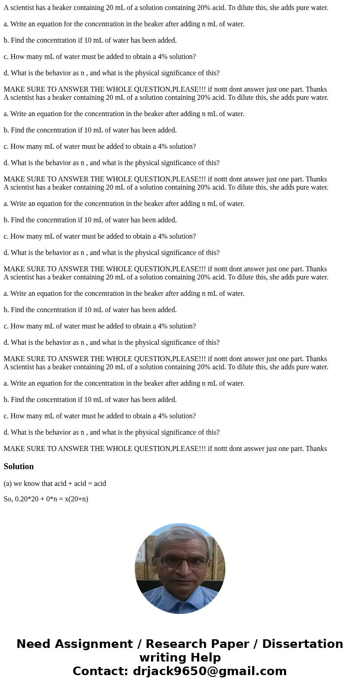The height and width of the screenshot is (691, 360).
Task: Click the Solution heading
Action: coord(19,466)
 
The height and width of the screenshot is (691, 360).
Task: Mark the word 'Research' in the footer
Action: coord(174,644)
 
